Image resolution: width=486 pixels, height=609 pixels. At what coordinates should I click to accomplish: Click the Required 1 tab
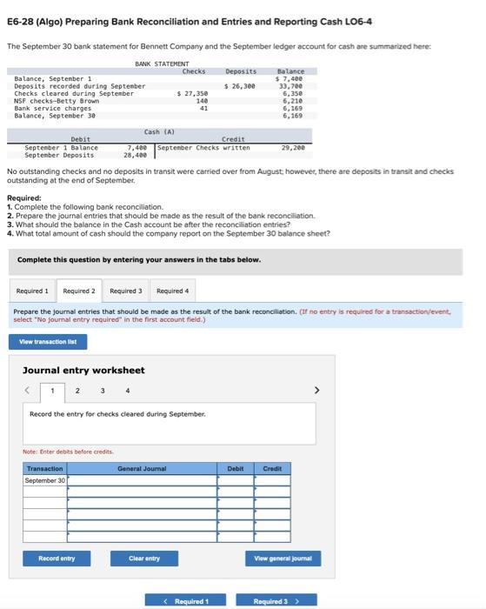(33, 291)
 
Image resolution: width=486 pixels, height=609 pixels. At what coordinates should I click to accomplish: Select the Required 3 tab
(126, 291)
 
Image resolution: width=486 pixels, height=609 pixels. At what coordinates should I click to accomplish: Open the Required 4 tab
(173, 291)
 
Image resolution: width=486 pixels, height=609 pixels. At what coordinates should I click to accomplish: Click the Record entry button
(57, 558)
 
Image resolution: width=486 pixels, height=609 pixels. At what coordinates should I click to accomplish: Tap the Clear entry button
(144, 558)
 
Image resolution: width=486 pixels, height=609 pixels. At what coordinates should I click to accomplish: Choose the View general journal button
(283, 558)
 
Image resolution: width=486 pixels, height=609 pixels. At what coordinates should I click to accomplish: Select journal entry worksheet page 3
(103, 391)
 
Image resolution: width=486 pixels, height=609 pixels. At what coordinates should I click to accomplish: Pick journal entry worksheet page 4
(128, 391)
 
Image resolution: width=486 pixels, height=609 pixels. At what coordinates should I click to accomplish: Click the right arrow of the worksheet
(316, 391)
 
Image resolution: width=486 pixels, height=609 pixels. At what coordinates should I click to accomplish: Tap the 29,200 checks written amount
(292, 147)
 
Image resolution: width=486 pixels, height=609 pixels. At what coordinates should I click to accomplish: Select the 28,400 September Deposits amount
(135, 155)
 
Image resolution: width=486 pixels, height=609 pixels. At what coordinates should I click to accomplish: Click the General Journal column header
(142, 468)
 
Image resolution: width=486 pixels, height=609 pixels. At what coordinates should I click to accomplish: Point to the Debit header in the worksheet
(236, 468)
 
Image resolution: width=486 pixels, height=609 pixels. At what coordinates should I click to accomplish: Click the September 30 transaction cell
(44, 480)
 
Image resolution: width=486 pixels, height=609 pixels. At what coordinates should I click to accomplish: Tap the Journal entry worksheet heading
(83, 370)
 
